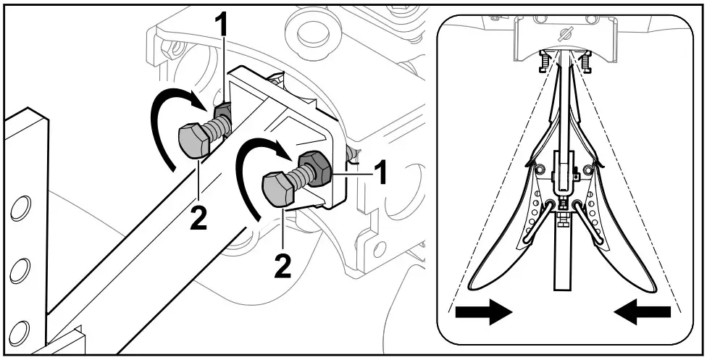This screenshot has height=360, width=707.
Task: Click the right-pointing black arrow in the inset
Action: click(x=483, y=313)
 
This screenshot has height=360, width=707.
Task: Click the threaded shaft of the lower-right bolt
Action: click(x=300, y=177)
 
